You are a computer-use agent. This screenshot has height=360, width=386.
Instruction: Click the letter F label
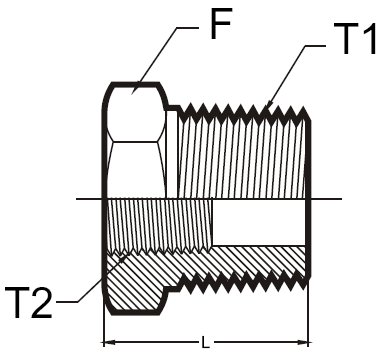pos(221,23)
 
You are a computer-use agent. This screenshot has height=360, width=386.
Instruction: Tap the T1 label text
pos(355,39)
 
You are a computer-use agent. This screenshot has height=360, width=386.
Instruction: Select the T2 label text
pos(29,302)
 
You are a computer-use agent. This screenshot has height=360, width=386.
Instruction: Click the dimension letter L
pos(206,343)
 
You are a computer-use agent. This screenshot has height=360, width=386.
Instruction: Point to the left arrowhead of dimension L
pos(109,342)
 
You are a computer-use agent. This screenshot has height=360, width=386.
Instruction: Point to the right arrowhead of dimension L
pos(302,342)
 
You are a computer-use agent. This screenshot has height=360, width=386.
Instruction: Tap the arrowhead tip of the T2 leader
pos(125,256)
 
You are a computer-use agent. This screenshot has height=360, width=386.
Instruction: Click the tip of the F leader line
pos(132,94)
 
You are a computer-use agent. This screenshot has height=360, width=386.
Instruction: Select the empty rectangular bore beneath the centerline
pos(259,223)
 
